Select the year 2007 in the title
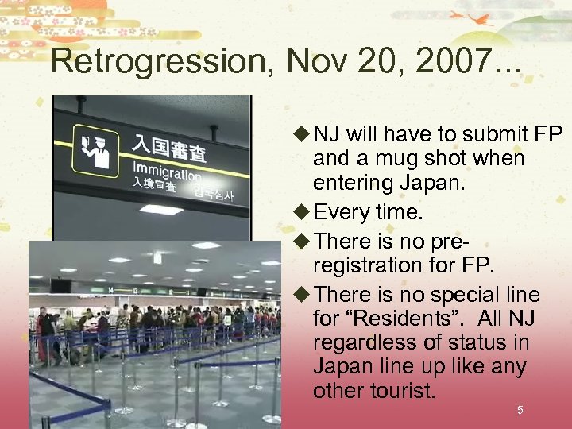point(450,60)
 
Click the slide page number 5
point(520,410)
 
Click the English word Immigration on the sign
point(167,172)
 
